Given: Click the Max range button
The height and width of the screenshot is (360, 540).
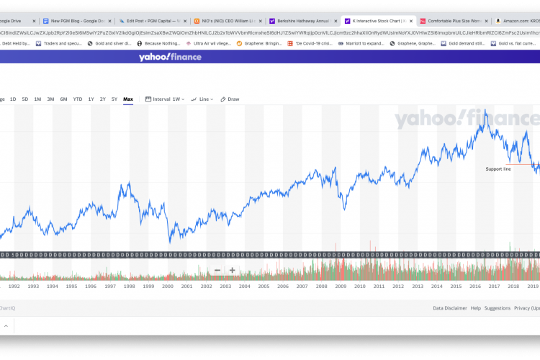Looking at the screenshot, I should coord(128,99).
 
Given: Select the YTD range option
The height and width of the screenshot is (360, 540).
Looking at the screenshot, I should coord(78,99).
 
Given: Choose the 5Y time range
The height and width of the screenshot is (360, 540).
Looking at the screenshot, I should coord(114,99).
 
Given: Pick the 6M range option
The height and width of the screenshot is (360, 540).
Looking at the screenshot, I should coord(63,99).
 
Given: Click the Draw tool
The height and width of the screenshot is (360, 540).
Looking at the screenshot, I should coord(230,99).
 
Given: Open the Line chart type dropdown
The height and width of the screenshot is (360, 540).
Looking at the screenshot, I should coord(202,99).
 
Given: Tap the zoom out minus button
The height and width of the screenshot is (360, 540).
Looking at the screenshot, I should coord(217,271).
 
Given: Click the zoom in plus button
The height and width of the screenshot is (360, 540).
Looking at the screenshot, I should coord(232,271).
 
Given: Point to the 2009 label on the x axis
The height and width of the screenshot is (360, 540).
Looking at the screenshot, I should coord(341,286).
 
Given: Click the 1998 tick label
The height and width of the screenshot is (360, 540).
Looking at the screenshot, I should coord(129,286).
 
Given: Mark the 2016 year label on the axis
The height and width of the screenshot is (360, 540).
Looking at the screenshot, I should coord(475,286).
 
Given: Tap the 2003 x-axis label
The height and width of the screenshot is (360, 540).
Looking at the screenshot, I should coord(225,286).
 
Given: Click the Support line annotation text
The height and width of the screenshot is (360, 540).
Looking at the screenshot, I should coord(498,169).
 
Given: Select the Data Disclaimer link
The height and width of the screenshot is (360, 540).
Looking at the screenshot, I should coord(449,308).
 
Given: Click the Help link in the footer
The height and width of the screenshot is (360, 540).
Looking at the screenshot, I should coord(475,308).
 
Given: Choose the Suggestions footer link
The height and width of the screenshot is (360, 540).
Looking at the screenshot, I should coord(498,308).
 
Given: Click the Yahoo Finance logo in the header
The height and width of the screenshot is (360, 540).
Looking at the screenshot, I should coord(170,57).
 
